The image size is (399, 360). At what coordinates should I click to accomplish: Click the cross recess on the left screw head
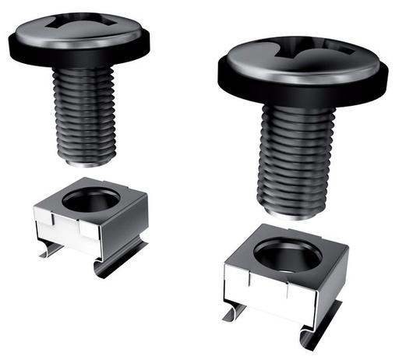(x=80, y=24)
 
